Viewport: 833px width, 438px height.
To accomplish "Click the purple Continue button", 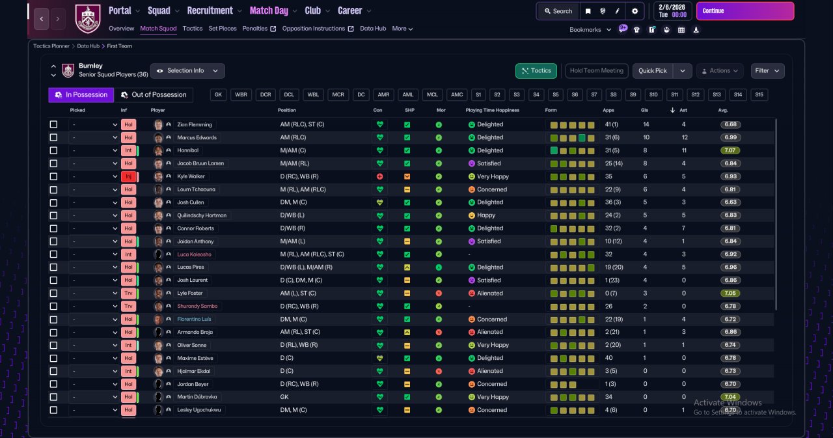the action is tap(745, 11).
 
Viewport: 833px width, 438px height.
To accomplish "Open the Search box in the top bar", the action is tap(558, 11).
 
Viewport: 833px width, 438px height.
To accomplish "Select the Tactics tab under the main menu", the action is tap(192, 29).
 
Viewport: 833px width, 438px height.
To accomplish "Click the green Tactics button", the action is tap(536, 71).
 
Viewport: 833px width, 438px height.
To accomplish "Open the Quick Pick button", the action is tap(653, 71).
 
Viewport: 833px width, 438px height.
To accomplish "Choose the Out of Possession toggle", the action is tap(154, 95).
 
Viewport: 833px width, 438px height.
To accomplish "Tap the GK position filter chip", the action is tap(218, 95).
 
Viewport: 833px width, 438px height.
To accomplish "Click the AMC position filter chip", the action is tap(457, 95).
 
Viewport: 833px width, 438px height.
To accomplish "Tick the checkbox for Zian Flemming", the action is tap(53, 124).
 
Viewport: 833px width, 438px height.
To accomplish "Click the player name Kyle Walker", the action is tap(191, 176).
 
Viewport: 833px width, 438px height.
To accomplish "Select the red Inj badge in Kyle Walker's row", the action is tap(128, 176).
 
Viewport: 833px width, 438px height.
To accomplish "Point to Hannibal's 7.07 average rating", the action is tap(730, 150).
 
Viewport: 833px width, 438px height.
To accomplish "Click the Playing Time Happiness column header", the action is tap(493, 110).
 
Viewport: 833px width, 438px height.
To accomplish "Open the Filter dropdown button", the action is tap(767, 71).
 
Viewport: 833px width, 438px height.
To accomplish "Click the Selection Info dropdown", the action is tap(187, 71).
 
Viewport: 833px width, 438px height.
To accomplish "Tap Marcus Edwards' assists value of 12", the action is tap(684, 137).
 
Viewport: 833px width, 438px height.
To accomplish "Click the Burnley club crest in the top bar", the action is tap(88, 19).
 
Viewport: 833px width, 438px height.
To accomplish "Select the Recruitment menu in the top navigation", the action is tap(210, 11).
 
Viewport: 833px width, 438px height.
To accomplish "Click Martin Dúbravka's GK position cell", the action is tap(284, 397).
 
